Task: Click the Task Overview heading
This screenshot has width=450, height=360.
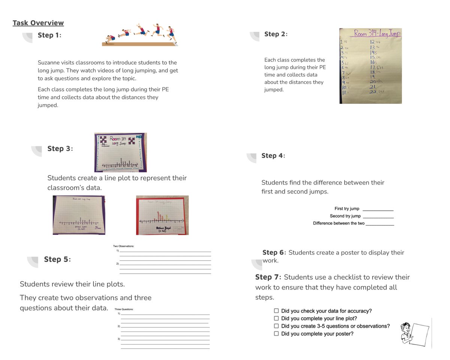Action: pos(38,23)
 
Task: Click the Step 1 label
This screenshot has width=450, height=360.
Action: pos(49,35)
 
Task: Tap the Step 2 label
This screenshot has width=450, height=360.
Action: pos(276,34)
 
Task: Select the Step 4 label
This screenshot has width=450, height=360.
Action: pos(273,156)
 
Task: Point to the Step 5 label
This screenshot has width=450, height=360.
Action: pos(57,259)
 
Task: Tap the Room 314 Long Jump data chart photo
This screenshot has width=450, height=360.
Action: pos(370,66)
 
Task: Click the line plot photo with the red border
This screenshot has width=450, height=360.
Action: pos(162,215)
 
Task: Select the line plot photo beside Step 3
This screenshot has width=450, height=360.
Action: pos(120,152)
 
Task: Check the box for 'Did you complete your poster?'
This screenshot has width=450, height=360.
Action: pos(276,334)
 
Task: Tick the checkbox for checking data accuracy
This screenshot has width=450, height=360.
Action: pos(276,311)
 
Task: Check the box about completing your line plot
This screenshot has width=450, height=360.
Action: pos(276,318)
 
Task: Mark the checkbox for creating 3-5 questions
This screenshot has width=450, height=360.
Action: pos(276,326)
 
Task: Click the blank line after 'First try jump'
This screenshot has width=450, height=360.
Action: pos(378,209)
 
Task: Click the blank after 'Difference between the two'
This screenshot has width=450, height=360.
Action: pos(379,224)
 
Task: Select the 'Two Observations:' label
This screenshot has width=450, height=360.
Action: pos(124,246)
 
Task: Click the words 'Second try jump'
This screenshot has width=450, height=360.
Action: pos(345,216)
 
